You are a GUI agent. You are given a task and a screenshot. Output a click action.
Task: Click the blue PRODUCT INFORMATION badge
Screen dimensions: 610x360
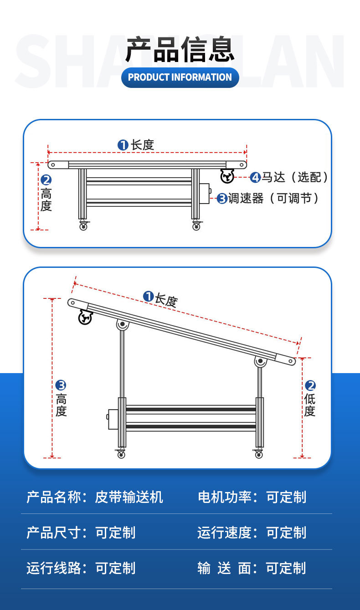coord(180,77)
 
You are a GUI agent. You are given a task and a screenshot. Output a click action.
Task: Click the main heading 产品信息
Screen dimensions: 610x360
coord(180,50)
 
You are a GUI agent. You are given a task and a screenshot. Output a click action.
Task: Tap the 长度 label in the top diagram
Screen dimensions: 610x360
coord(143,145)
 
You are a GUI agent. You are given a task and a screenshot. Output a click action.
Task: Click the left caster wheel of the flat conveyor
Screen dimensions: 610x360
coord(83,226)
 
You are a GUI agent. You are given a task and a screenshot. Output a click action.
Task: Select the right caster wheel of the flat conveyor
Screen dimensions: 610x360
coord(196,226)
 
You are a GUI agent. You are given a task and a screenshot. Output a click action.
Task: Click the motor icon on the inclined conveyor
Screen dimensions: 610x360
coord(85,318)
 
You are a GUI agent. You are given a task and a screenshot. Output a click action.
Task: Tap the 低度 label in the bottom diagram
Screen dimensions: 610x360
coord(310,405)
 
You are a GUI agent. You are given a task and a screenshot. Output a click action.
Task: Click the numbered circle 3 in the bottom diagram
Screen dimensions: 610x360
coord(61,385)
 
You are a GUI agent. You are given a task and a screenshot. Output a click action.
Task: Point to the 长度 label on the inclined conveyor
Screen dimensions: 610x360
coord(166,300)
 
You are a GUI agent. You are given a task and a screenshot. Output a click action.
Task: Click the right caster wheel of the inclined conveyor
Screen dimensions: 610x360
coord(258,454)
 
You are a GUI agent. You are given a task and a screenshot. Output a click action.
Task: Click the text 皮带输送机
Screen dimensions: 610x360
coord(129,497)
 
